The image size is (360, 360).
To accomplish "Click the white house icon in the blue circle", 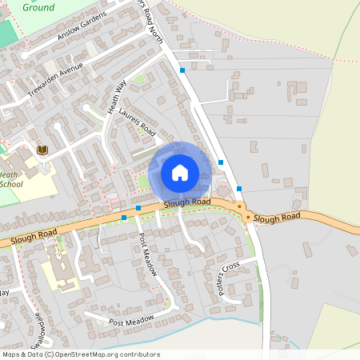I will coord(180,172).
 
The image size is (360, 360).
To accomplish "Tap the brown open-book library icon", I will coord(42,150).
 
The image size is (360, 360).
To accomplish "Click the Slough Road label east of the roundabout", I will coord(277,218).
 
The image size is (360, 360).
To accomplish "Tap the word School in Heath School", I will coord(11,184).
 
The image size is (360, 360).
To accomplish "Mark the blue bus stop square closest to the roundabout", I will coord(239,189).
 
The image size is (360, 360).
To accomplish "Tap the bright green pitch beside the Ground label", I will coord(6,34).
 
